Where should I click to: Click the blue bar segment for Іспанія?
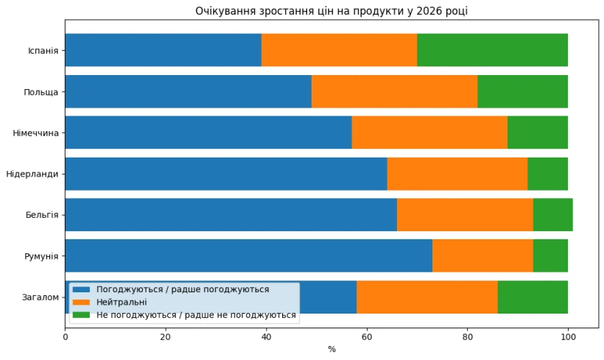(163, 50)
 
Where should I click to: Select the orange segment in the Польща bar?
(394, 91)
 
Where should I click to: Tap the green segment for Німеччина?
(537, 133)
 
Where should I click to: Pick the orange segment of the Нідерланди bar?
(457, 174)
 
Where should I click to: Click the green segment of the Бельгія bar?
(552, 215)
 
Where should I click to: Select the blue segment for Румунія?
(248, 256)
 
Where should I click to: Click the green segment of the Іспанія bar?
(492, 50)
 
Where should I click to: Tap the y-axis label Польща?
(41, 92)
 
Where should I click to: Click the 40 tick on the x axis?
(266, 337)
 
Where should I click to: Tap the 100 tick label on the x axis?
(568, 337)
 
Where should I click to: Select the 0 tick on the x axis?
(66, 337)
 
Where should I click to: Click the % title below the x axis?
(331, 349)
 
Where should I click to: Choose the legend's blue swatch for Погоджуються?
(81, 290)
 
